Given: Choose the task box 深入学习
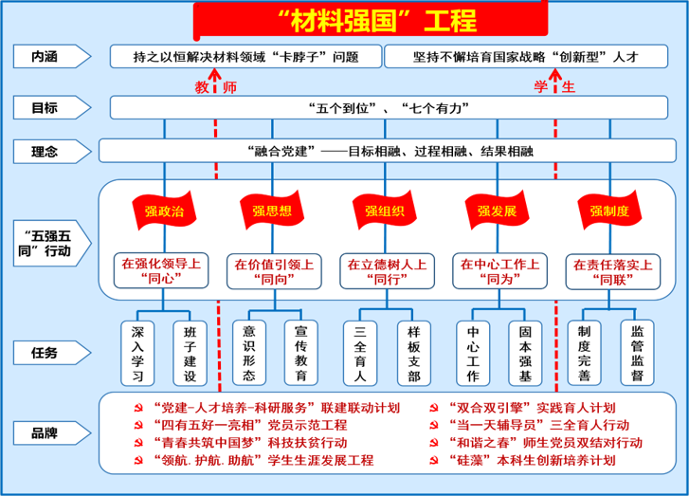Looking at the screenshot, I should (x=137, y=353).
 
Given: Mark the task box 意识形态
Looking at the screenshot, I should (x=249, y=353).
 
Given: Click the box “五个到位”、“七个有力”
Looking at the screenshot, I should (x=389, y=108).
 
